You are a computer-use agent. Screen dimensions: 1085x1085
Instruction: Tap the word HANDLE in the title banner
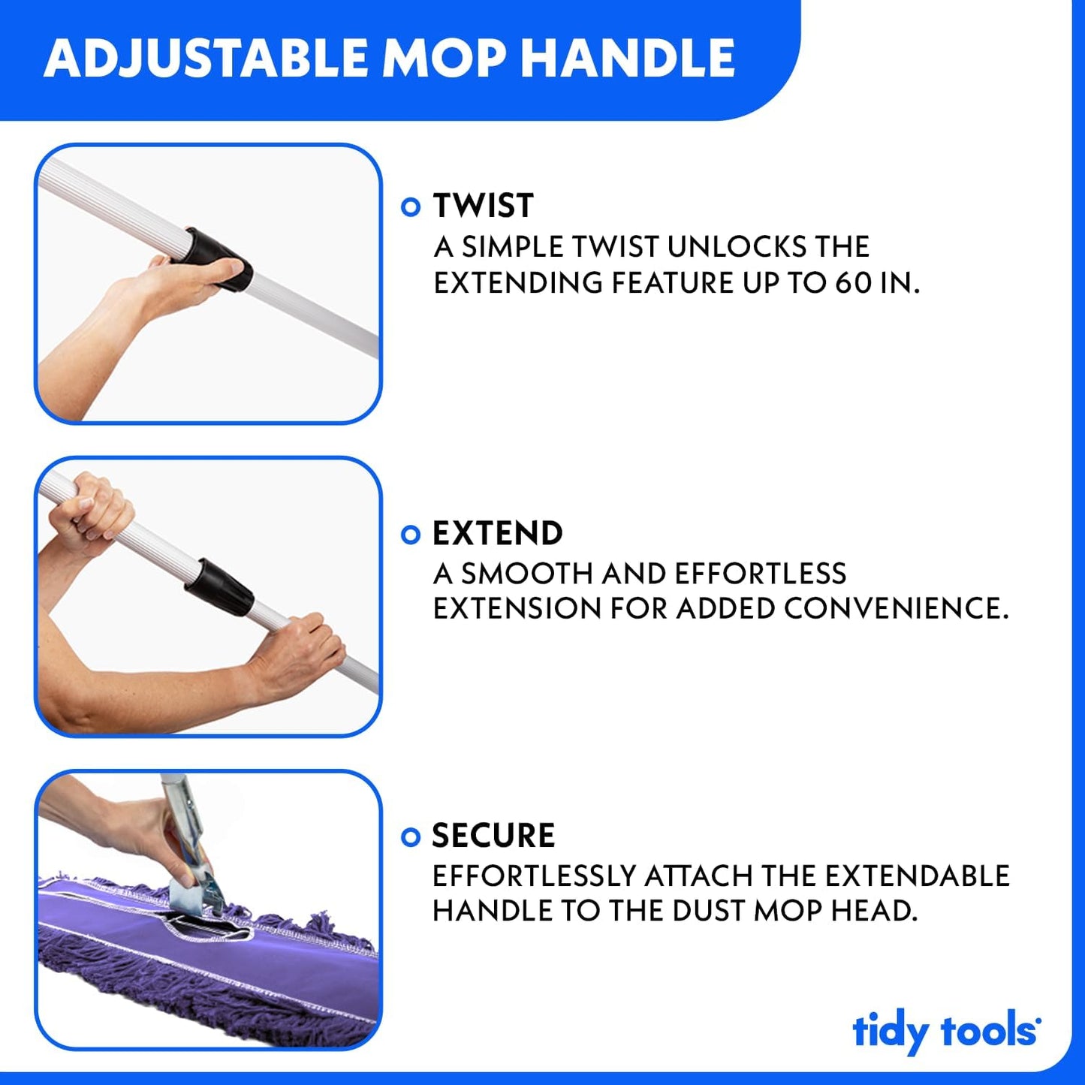tap(628, 59)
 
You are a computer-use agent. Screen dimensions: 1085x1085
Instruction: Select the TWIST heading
tap(483, 206)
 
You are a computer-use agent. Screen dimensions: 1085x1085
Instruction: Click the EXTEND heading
tap(497, 534)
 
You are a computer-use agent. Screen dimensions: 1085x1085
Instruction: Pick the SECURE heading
tap(493, 836)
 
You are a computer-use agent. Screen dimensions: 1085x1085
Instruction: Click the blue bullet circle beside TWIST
tap(411, 206)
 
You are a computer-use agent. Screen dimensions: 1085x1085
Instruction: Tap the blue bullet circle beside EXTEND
tap(411, 535)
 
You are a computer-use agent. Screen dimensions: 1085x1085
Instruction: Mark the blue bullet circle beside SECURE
tap(411, 836)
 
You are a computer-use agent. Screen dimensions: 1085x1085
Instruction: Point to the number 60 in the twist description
tap(853, 283)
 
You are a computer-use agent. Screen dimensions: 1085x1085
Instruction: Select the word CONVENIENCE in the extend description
tap(895, 608)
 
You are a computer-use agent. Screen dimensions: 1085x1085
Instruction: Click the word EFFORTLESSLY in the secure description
tap(534, 876)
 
